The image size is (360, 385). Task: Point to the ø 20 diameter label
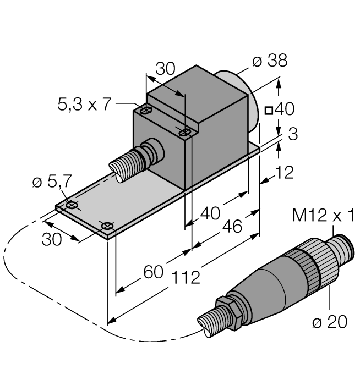tap(329, 322)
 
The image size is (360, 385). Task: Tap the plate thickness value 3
tap(292, 134)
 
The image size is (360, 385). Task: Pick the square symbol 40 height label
tap(280, 109)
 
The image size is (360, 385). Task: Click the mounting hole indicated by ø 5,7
tap(71, 205)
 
